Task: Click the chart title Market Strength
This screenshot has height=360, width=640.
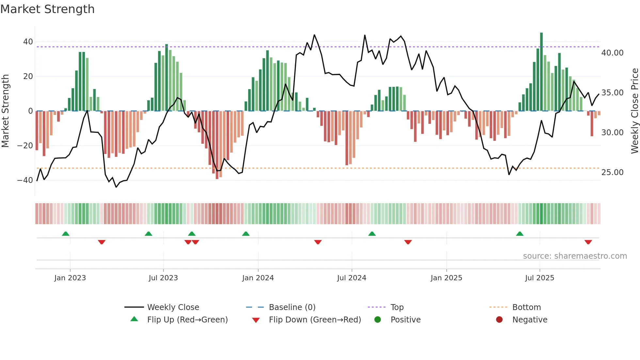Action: [47, 9]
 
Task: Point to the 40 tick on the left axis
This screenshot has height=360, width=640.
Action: [28, 42]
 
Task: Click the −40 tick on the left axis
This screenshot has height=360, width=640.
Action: [25, 180]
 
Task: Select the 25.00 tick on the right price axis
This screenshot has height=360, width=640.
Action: [612, 172]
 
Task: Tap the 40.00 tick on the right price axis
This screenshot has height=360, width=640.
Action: [612, 53]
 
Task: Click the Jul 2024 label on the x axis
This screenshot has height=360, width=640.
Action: [351, 278]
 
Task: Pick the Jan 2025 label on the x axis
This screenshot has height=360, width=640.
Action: [446, 278]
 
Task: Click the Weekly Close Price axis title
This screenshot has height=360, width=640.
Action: [634, 111]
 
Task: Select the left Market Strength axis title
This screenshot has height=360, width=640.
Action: [6, 111]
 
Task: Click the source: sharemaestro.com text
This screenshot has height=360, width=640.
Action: [575, 256]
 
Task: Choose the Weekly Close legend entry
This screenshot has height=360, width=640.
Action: [173, 307]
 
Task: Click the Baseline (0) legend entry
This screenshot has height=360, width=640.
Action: [292, 307]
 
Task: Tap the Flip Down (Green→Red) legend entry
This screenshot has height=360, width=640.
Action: [315, 320]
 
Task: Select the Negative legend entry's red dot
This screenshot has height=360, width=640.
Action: [499, 320]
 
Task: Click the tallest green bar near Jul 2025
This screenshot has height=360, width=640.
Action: [541, 72]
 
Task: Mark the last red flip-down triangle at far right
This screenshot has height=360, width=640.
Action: [588, 242]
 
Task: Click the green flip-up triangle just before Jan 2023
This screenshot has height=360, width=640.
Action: [66, 234]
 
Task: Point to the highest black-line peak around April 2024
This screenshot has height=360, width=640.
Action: [314, 35]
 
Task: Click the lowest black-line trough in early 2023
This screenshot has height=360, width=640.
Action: [116, 187]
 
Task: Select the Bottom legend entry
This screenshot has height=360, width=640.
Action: [526, 307]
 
